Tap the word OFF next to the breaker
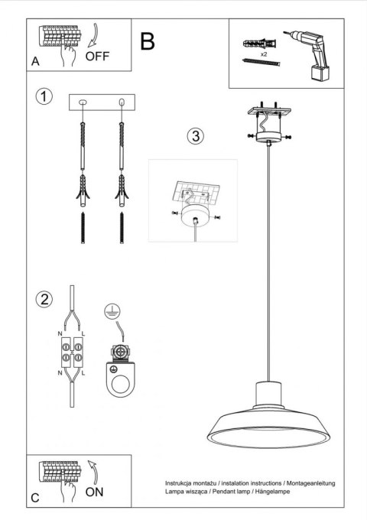(98, 56)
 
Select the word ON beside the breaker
(95, 492)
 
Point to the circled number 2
(45, 297)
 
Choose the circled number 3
(196, 137)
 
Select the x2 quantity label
(263, 54)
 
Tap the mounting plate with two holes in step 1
(102, 102)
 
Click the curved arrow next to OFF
(93, 37)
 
